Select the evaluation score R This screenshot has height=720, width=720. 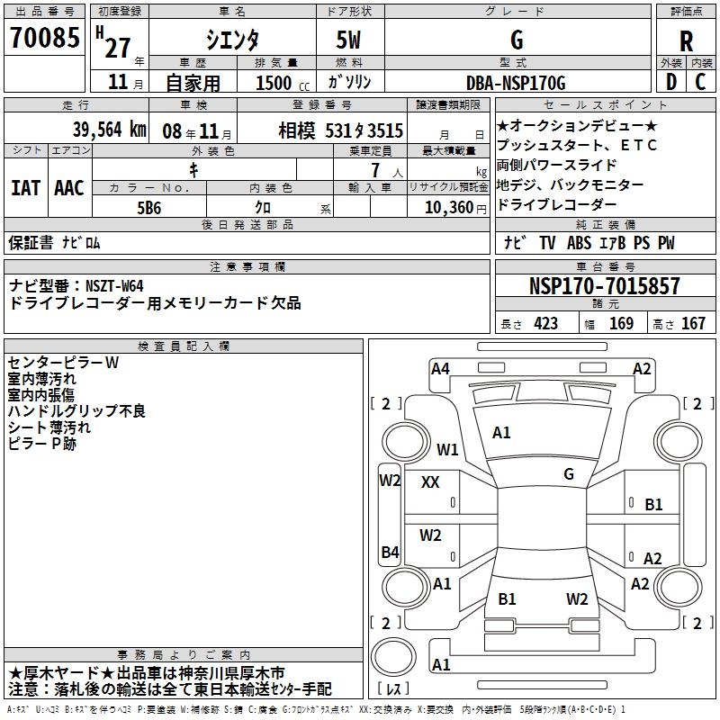(686, 41)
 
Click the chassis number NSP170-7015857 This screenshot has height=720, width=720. (605, 287)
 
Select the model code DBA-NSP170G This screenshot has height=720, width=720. (516, 83)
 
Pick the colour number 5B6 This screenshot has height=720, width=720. (149, 207)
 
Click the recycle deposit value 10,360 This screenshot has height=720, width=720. (446, 207)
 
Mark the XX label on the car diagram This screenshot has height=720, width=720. (430, 482)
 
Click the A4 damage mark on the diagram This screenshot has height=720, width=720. (440, 367)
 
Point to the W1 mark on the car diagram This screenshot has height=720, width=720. (447, 449)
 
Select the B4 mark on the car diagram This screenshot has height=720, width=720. (390, 552)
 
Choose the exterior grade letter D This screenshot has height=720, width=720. (670, 83)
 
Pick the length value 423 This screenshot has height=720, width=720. (545, 324)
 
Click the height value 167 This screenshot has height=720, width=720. (693, 324)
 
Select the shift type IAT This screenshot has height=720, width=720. (25, 188)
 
